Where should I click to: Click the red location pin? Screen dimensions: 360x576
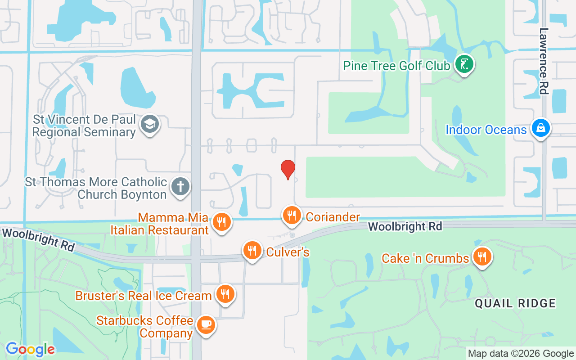[288, 169]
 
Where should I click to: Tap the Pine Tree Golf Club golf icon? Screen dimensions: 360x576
[464, 65]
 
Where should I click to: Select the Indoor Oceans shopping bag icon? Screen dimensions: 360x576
[540, 128]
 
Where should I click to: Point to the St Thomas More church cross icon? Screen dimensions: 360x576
[180, 186]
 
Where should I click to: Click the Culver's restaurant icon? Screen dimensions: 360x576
[252, 251]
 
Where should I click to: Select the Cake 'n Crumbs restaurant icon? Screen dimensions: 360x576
[482, 257]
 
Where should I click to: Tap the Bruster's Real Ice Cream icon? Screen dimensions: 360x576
[225, 294]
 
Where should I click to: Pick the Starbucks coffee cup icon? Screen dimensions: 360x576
[206, 325]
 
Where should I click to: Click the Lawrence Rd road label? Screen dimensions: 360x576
[544, 61]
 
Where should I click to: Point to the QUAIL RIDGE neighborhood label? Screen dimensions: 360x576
[515, 303]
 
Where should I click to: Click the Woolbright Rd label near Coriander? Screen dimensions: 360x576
[405, 226]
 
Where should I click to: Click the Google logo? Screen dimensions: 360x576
[30, 349]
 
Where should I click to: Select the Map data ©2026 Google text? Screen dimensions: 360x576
[521, 354]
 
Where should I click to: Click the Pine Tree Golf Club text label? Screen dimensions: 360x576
[396, 66]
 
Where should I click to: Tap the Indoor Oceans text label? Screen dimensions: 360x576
[486, 130]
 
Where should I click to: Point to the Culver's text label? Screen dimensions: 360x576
[288, 252]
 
